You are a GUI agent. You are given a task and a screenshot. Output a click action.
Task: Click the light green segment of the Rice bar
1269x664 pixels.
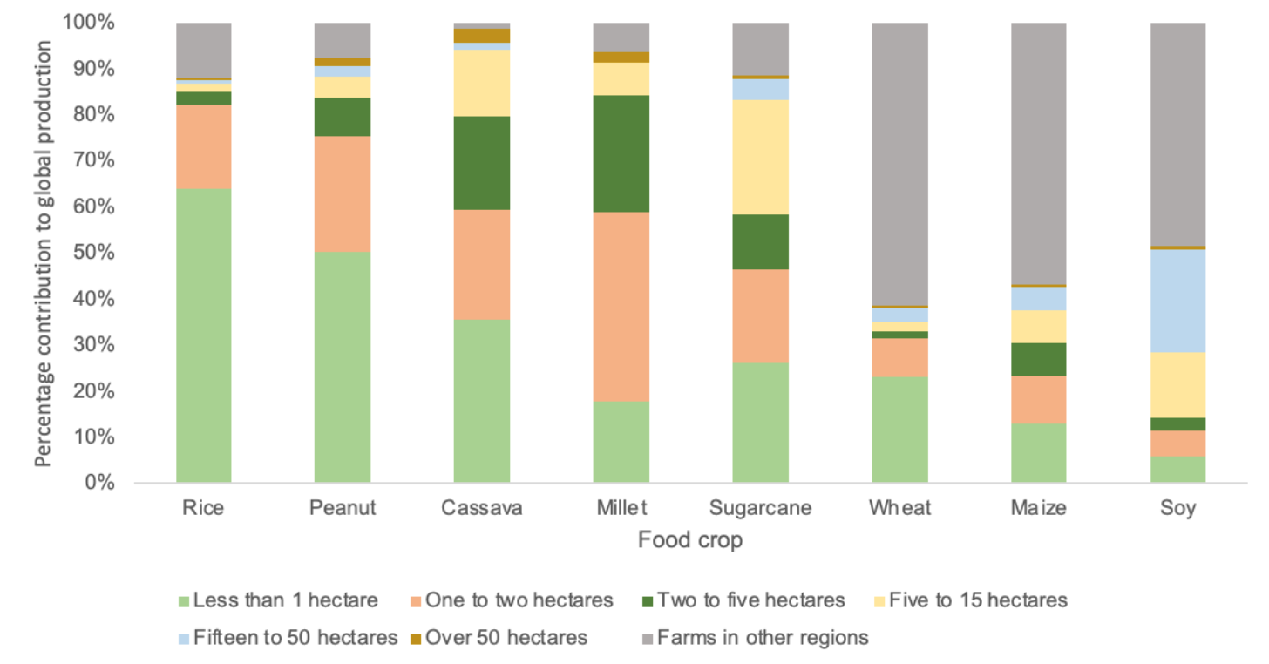pos(203,335)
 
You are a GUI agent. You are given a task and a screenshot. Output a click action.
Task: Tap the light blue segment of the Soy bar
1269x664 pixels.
pos(1177,301)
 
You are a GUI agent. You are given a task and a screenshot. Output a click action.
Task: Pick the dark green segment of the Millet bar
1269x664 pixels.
pos(621,153)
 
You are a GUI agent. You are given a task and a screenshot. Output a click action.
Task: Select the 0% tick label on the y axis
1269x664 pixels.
pos(99,483)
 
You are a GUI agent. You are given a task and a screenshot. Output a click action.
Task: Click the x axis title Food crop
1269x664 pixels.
pos(690,540)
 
